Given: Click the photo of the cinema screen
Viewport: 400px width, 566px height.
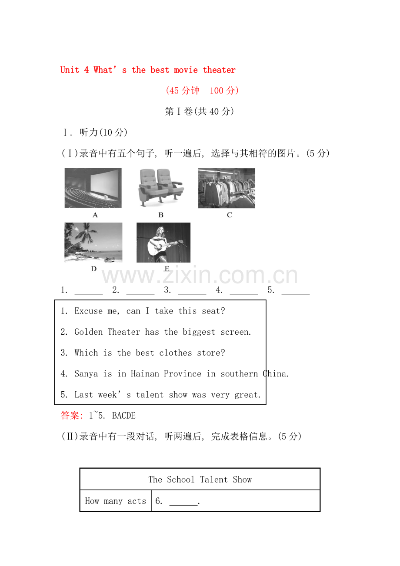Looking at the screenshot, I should (x=93, y=188).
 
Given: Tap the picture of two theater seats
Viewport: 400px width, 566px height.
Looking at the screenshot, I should (x=161, y=188).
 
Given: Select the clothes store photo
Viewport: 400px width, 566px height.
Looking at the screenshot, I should (x=227, y=188).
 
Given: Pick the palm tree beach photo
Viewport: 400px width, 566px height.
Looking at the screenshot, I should (x=93, y=242).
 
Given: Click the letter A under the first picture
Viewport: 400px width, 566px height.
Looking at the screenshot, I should (x=95, y=215).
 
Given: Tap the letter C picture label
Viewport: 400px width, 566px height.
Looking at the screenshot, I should (x=230, y=215).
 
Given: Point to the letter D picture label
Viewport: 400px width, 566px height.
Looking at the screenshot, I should (x=93, y=269).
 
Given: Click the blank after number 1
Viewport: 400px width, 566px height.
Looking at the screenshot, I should (x=89, y=291).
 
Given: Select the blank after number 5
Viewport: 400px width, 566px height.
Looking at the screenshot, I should (x=296, y=291).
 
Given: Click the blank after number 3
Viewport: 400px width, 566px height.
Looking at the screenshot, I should (x=192, y=291).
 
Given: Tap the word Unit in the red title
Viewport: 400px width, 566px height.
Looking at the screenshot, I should (x=70, y=70).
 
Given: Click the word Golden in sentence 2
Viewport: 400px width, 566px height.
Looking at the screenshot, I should (x=89, y=332).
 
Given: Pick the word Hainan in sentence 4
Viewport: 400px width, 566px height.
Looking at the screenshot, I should (x=145, y=374).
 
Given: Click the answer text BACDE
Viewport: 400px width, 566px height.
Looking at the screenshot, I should (x=124, y=416).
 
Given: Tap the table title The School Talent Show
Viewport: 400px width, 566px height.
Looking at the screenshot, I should (x=200, y=479).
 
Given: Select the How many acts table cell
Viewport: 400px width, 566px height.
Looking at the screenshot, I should (x=116, y=501).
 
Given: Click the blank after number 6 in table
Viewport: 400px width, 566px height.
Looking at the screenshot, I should (x=183, y=502).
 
